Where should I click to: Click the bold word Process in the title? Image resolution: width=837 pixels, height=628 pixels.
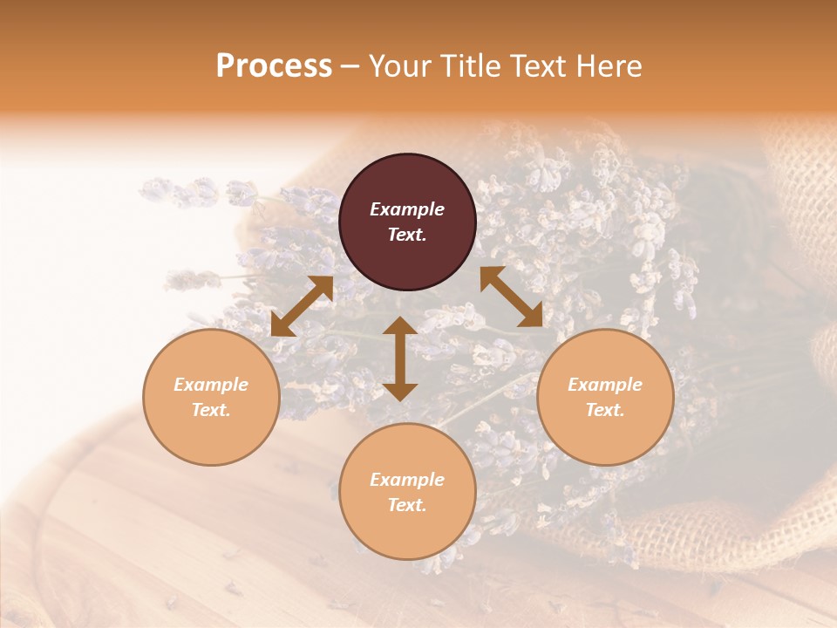tap(274, 66)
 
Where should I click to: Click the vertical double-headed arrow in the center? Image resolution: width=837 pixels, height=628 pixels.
tap(400, 358)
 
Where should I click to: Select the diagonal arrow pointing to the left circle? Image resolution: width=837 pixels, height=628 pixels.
tap(302, 306)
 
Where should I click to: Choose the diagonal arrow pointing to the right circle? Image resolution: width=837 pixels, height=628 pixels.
tap(512, 297)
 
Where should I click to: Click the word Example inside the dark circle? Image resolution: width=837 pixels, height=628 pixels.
tap(407, 209)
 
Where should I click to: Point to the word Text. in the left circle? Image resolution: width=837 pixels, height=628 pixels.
tap(211, 410)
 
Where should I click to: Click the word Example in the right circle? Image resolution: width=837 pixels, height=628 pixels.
tap(605, 385)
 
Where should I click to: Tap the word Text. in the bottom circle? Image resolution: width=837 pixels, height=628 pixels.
tap(407, 505)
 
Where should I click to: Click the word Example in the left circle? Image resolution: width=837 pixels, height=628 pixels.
tap(211, 385)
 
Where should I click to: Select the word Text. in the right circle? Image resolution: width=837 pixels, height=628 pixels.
tap(605, 410)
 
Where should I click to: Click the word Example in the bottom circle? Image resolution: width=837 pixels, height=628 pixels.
tap(407, 480)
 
